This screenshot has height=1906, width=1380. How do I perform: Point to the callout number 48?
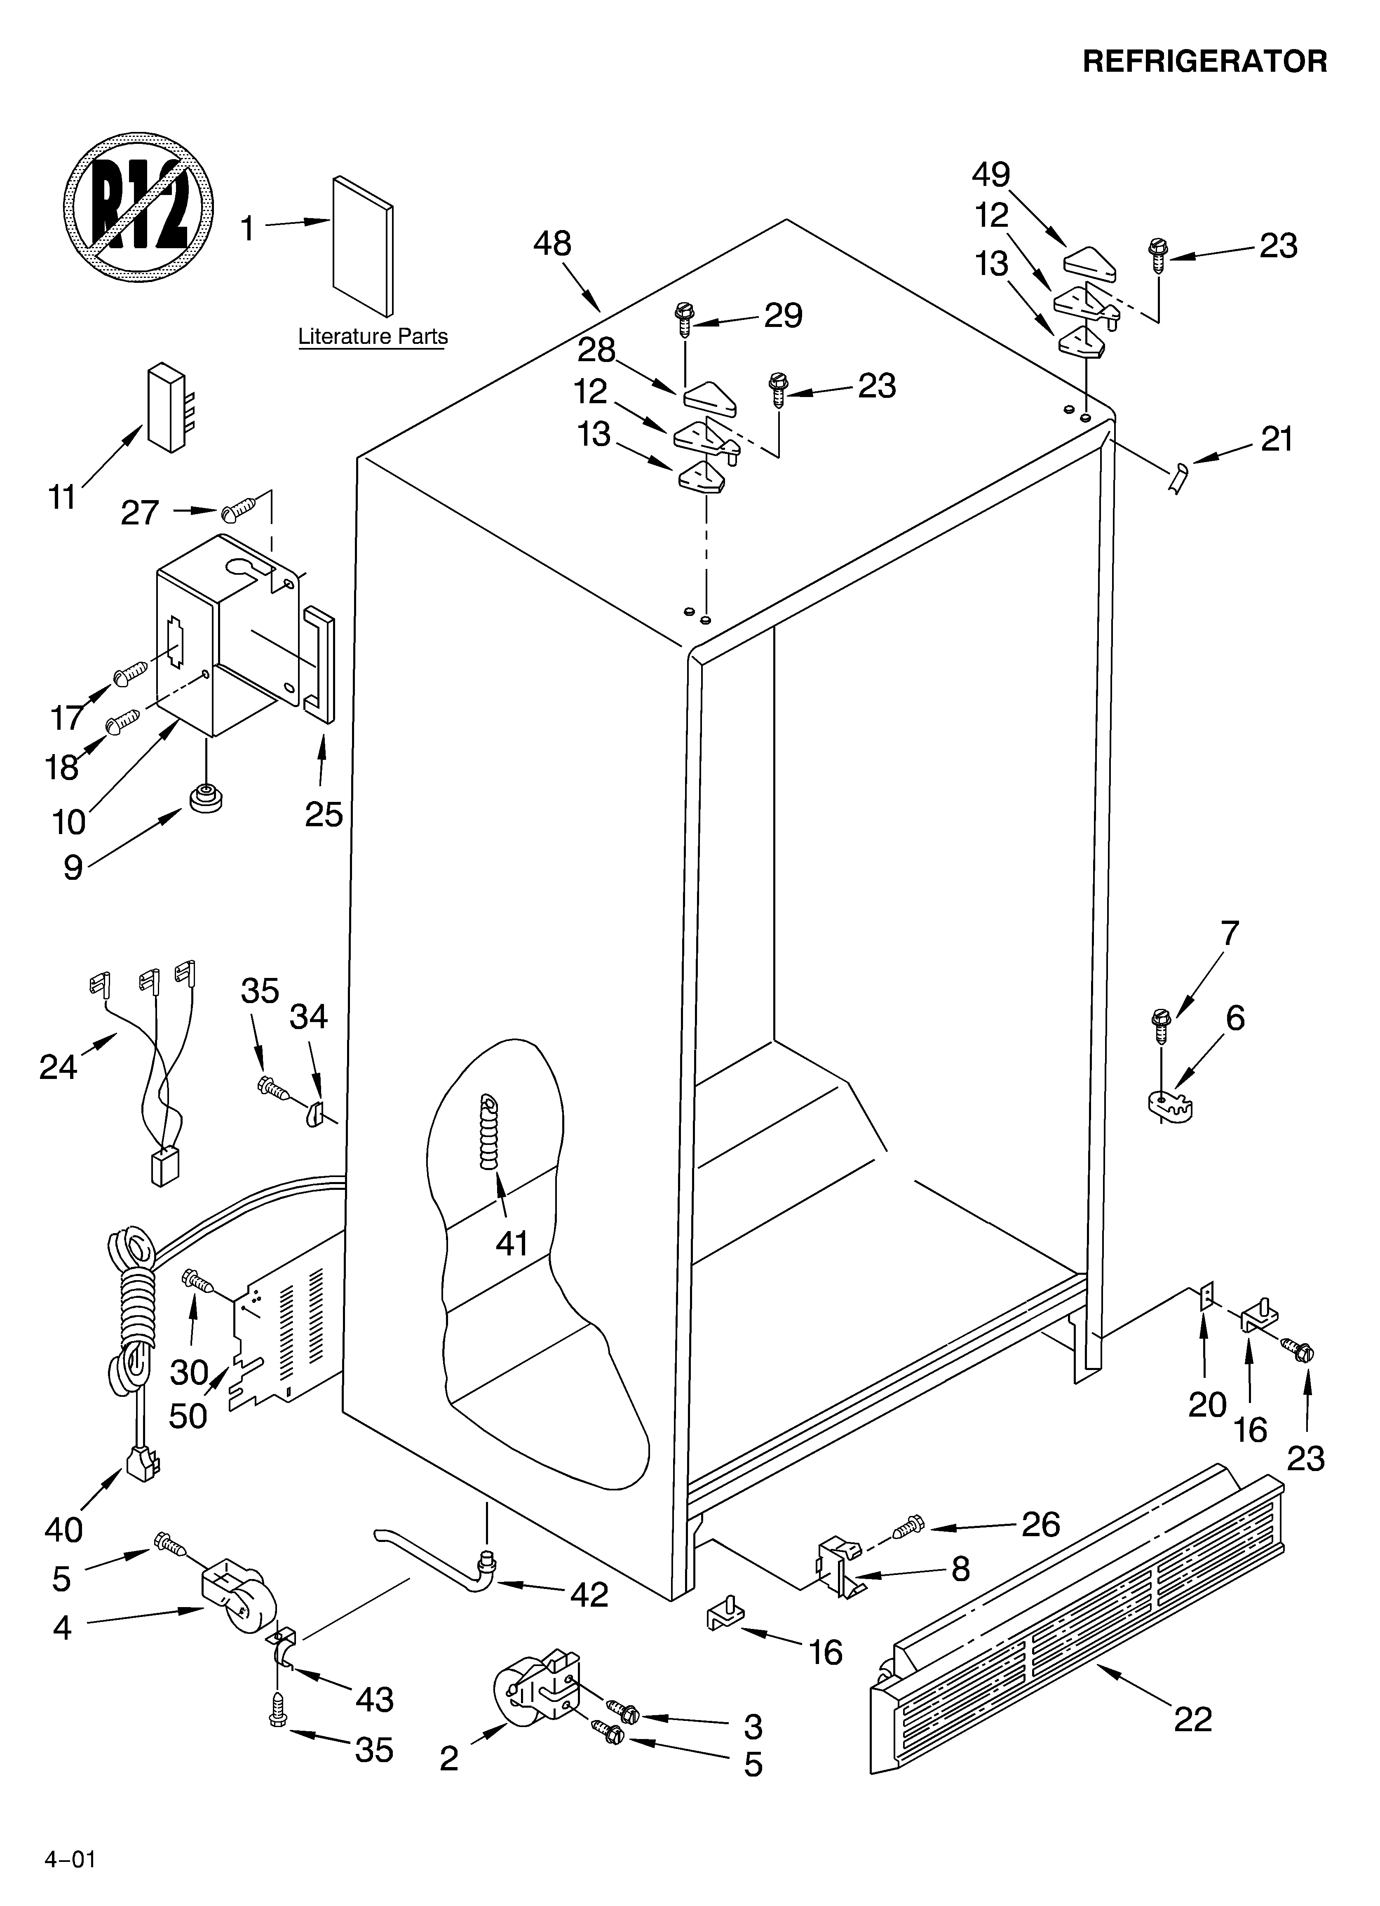(x=552, y=244)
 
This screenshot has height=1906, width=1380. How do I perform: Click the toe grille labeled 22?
(x=1076, y=1639)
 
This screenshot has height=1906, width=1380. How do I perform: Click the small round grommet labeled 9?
(x=206, y=797)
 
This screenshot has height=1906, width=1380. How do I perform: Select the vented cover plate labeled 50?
(x=286, y=1336)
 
